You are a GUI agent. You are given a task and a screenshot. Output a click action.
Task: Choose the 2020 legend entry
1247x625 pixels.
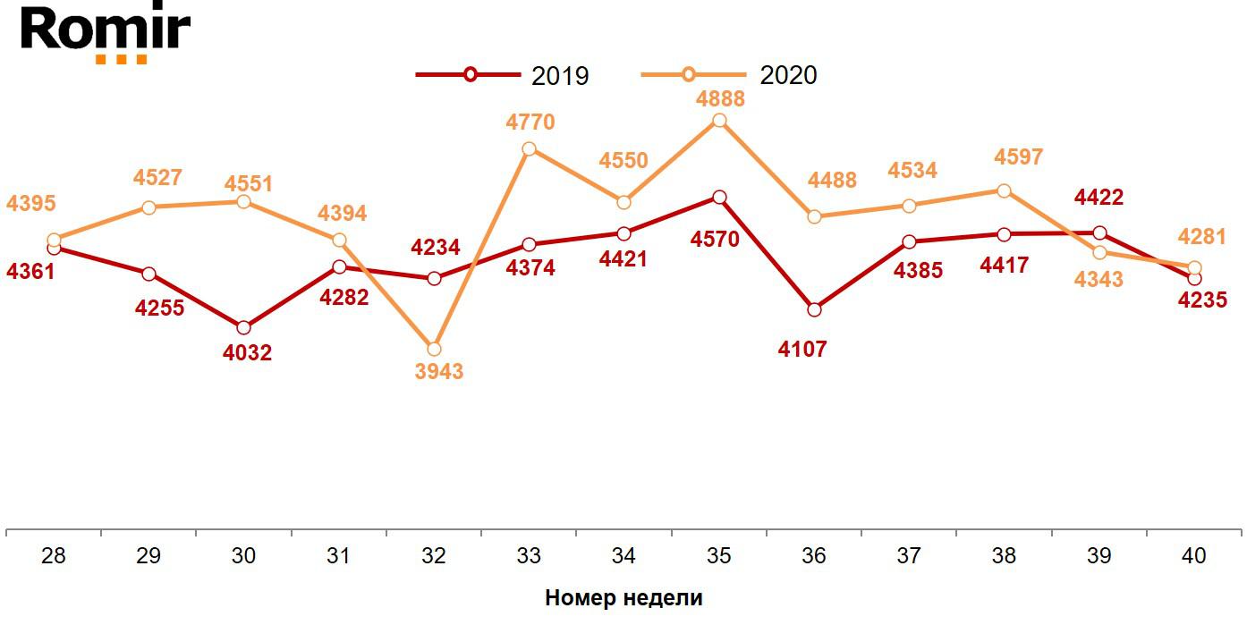[x=729, y=75]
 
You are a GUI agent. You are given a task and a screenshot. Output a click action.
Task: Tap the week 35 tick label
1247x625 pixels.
[x=718, y=555]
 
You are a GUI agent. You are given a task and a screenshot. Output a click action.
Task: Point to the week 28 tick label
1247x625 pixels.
[x=54, y=555]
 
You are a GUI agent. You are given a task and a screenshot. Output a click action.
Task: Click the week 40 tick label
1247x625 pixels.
[x=1193, y=555]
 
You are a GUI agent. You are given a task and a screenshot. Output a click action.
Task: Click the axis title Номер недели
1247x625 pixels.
[x=623, y=598]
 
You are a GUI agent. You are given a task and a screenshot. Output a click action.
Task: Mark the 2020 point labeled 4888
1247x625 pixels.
[x=719, y=121]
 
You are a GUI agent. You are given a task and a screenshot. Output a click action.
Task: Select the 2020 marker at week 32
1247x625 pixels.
[x=434, y=349]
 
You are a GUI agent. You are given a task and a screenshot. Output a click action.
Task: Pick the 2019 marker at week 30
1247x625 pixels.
[x=244, y=327]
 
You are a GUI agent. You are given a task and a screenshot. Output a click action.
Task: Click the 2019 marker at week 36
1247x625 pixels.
[x=814, y=309]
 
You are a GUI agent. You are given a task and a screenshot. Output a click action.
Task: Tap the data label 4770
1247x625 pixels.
[x=530, y=122]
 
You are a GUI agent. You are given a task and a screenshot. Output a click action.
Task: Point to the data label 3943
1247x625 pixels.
[x=439, y=371]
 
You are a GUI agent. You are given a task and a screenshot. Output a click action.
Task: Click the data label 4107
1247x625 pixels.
[x=802, y=350]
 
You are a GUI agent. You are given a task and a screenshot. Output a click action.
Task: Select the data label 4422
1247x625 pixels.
[x=1099, y=197]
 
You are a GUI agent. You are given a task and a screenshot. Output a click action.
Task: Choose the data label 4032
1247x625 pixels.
[x=248, y=353]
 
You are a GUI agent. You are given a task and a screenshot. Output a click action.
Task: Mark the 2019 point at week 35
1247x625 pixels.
[x=719, y=197]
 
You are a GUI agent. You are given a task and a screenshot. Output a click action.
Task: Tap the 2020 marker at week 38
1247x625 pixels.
[x=1004, y=190]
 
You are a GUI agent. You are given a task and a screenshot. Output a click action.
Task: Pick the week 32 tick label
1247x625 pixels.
[x=434, y=555]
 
